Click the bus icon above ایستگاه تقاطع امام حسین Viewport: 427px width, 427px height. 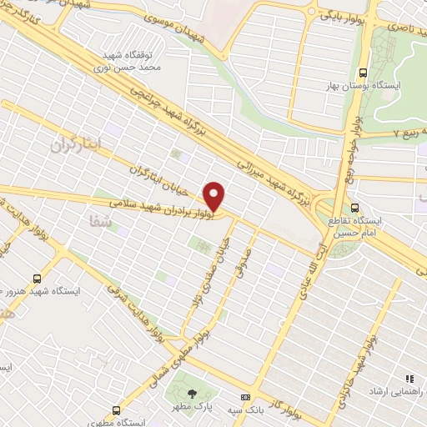[x=356, y=207]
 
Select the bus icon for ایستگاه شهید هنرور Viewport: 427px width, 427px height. [x=36, y=278]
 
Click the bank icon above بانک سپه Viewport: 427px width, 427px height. [x=245, y=397]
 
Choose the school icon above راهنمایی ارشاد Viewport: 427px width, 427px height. [x=409, y=377]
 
